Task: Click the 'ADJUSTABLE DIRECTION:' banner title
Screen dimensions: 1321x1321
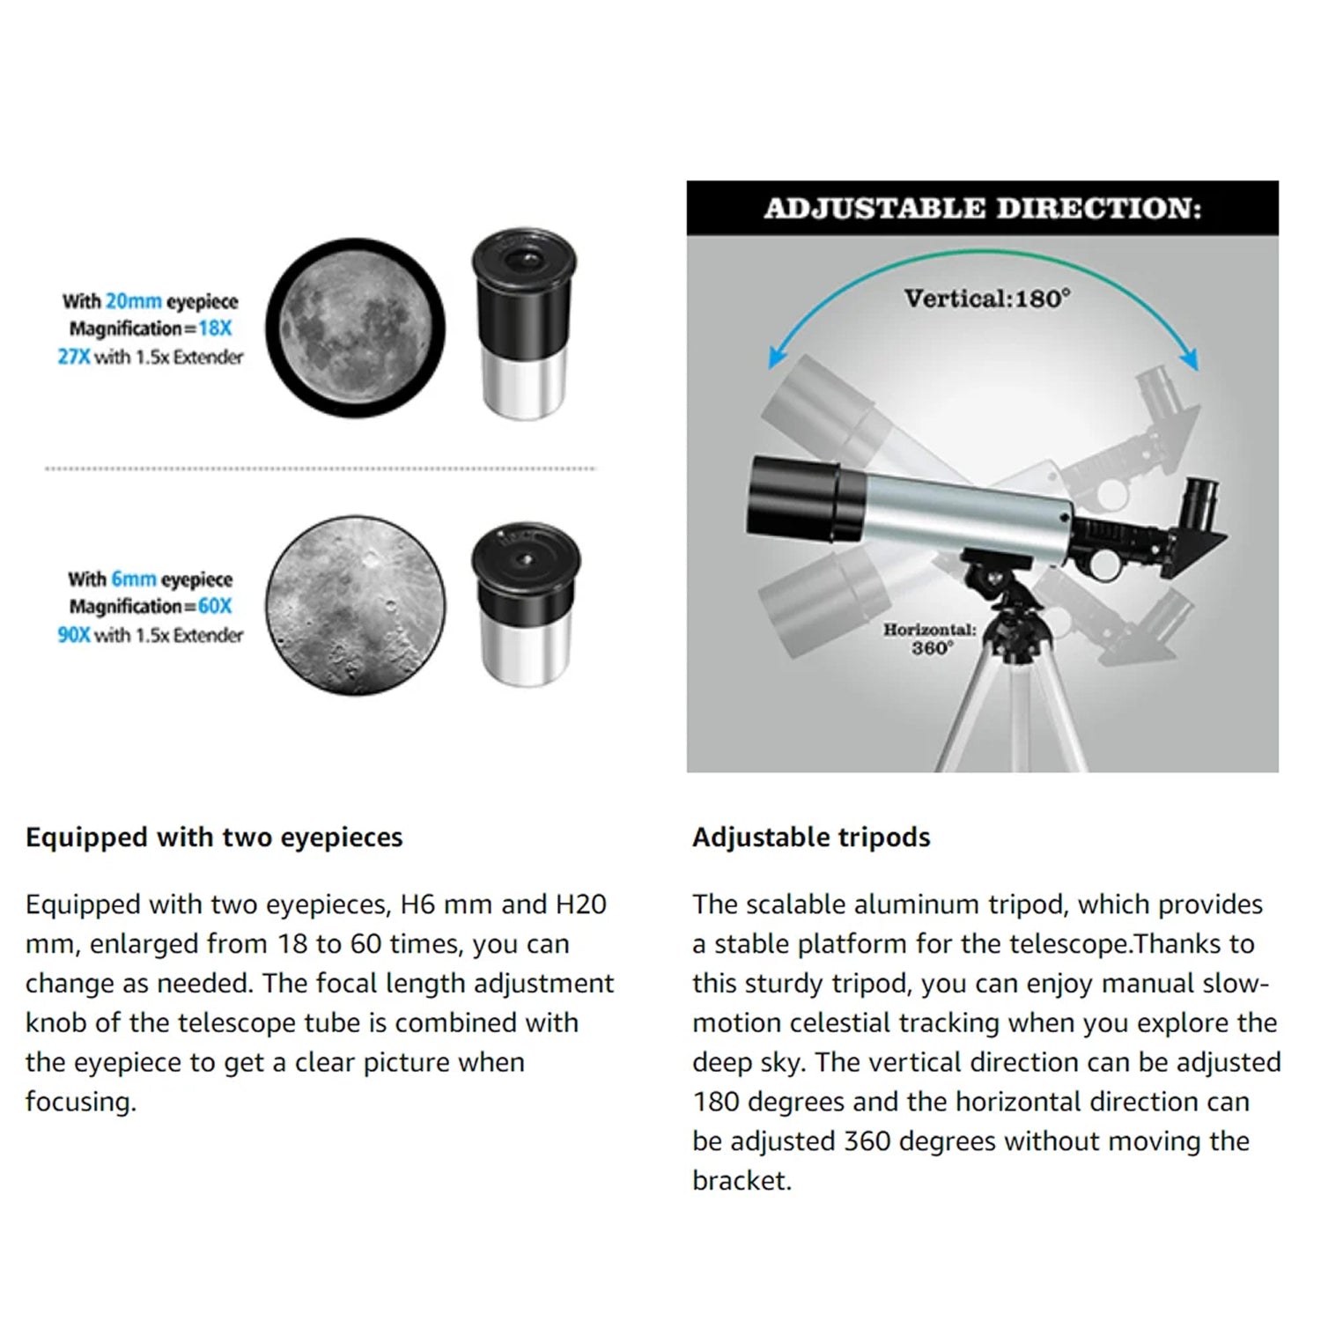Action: [x=982, y=209]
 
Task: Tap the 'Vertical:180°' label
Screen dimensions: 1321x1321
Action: [x=987, y=299]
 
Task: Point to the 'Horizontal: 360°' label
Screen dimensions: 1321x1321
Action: [x=930, y=639]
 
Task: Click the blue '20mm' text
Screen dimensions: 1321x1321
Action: [x=133, y=301]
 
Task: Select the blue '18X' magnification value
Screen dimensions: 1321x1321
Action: [x=214, y=328]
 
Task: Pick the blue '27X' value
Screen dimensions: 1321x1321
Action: [x=73, y=357]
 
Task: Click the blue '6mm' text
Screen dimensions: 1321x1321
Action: [x=133, y=579]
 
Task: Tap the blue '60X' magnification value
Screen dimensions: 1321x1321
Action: [x=214, y=607]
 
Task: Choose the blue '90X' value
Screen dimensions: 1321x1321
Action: [x=73, y=635]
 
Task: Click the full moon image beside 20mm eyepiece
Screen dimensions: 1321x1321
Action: [x=355, y=328]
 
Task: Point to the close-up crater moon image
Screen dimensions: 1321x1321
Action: [x=355, y=605]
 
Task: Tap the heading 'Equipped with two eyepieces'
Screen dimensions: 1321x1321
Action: [x=214, y=838]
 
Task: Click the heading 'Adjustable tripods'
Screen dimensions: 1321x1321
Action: [x=811, y=838]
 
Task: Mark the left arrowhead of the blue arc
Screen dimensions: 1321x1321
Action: [x=776, y=357]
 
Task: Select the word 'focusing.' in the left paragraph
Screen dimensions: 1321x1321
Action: [x=81, y=1102]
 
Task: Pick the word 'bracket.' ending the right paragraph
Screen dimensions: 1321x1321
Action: [x=742, y=1181]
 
